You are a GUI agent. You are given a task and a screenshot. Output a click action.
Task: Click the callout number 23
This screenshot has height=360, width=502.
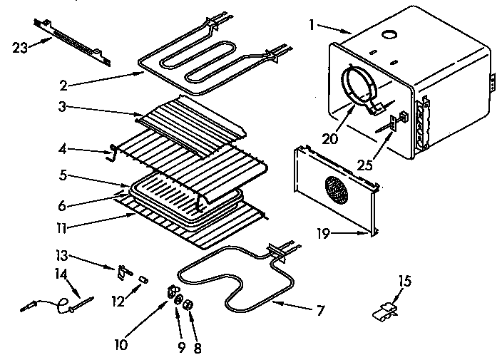point(21,48)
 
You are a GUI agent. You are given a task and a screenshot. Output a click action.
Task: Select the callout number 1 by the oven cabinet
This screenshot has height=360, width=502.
point(311,25)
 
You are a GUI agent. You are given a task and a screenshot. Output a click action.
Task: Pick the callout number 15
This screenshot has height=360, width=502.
point(404,282)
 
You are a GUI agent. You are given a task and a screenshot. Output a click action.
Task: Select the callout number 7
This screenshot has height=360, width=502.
point(320,310)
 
